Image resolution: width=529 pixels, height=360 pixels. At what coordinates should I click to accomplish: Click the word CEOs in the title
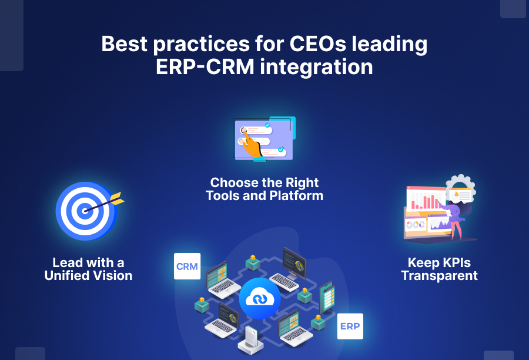click(x=318, y=44)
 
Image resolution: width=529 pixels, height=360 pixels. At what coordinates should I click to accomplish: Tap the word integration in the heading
click(x=316, y=67)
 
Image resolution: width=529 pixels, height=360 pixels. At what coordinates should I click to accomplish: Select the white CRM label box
click(x=188, y=266)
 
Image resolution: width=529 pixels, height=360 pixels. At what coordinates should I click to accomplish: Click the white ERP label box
click(x=350, y=326)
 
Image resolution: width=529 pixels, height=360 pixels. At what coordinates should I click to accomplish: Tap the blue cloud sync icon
click(x=260, y=299)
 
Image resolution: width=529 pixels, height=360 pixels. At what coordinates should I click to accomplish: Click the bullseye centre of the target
click(x=83, y=211)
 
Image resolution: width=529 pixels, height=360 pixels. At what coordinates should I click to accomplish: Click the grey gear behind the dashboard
click(x=461, y=188)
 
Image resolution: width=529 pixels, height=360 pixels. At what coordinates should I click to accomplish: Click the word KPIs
click(x=455, y=263)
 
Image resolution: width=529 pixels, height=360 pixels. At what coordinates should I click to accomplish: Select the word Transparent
click(x=439, y=276)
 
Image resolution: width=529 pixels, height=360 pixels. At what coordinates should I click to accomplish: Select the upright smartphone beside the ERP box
click(x=327, y=297)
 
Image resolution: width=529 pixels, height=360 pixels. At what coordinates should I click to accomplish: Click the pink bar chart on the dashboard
click(x=425, y=201)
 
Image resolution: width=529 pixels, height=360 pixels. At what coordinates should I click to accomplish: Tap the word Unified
click(x=67, y=275)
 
